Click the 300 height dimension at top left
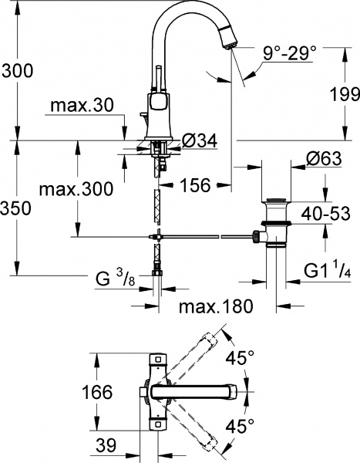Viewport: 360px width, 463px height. [17, 71]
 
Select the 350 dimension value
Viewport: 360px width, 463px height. [17, 208]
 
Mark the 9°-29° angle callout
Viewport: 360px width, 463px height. [290, 55]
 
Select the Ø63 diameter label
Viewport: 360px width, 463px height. [324, 159]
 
